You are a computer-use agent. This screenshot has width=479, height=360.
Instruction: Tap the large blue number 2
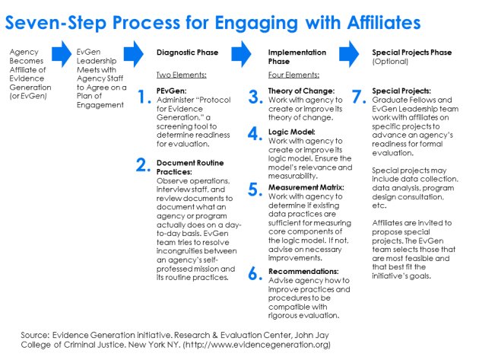[x=142, y=165]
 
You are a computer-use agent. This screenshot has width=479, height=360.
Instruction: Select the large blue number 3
[x=255, y=97]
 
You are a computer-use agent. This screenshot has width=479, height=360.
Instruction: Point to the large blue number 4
[x=255, y=135]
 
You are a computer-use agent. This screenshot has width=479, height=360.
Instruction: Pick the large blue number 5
[x=255, y=190]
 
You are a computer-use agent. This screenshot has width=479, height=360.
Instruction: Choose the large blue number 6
[x=255, y=275]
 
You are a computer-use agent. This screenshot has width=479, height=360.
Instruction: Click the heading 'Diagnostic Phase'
[x=187, y=53]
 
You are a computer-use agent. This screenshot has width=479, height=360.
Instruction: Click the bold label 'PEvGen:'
[x=171, y=91]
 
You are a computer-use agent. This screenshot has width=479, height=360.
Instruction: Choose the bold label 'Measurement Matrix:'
[x=306, y=186]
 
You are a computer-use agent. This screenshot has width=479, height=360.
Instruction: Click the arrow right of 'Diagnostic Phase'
[x=241, y=53]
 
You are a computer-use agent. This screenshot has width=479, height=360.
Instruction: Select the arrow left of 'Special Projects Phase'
[x=350, y=53]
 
